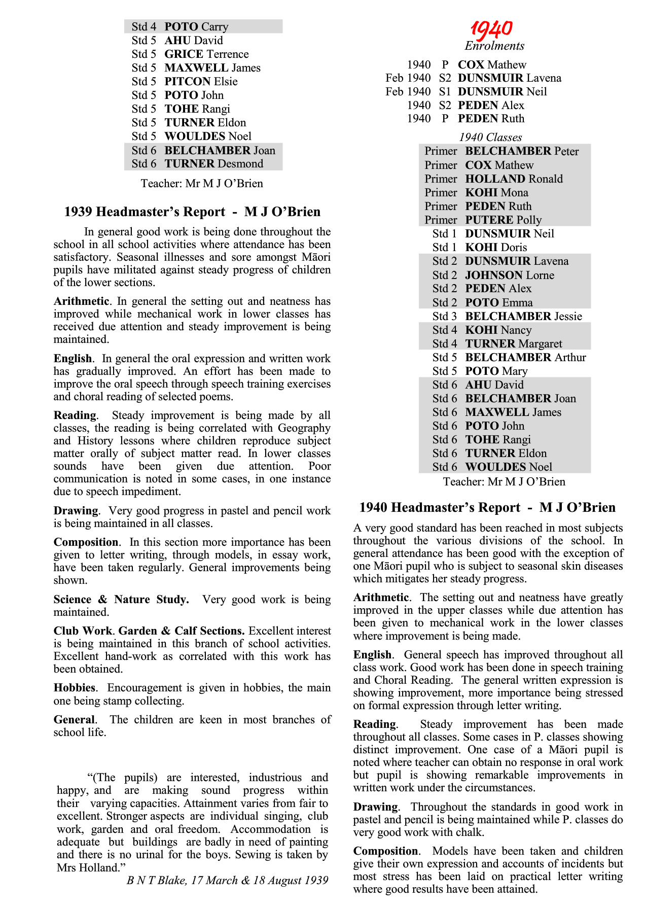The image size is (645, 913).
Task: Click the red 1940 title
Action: (491, 29)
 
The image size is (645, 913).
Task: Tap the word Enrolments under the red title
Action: (494, 46)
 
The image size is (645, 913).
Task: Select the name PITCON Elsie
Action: (201, 82)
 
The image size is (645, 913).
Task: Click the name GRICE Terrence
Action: (206, 54)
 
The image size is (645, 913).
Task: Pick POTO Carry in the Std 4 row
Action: (196, 27)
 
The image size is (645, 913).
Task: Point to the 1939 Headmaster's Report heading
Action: (192, 212)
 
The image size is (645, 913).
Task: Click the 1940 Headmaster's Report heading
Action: (487, 508)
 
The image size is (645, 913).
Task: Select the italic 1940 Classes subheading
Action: (490, 137)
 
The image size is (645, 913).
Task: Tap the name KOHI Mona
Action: (496, 193)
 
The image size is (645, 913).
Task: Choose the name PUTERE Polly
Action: (504, 220)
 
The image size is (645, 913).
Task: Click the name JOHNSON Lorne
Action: (510, 275)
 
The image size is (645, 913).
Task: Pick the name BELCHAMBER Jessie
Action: (523, 317)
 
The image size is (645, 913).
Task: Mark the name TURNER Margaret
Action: (514, 344)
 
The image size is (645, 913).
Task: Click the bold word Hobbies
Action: (75, 688)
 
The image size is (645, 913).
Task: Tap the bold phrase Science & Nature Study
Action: (121, 600)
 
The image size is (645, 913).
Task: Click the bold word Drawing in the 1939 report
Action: (76, 511)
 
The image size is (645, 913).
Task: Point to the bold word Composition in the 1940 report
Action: (386, 851)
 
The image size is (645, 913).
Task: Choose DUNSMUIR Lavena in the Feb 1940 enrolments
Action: (509, 78)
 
